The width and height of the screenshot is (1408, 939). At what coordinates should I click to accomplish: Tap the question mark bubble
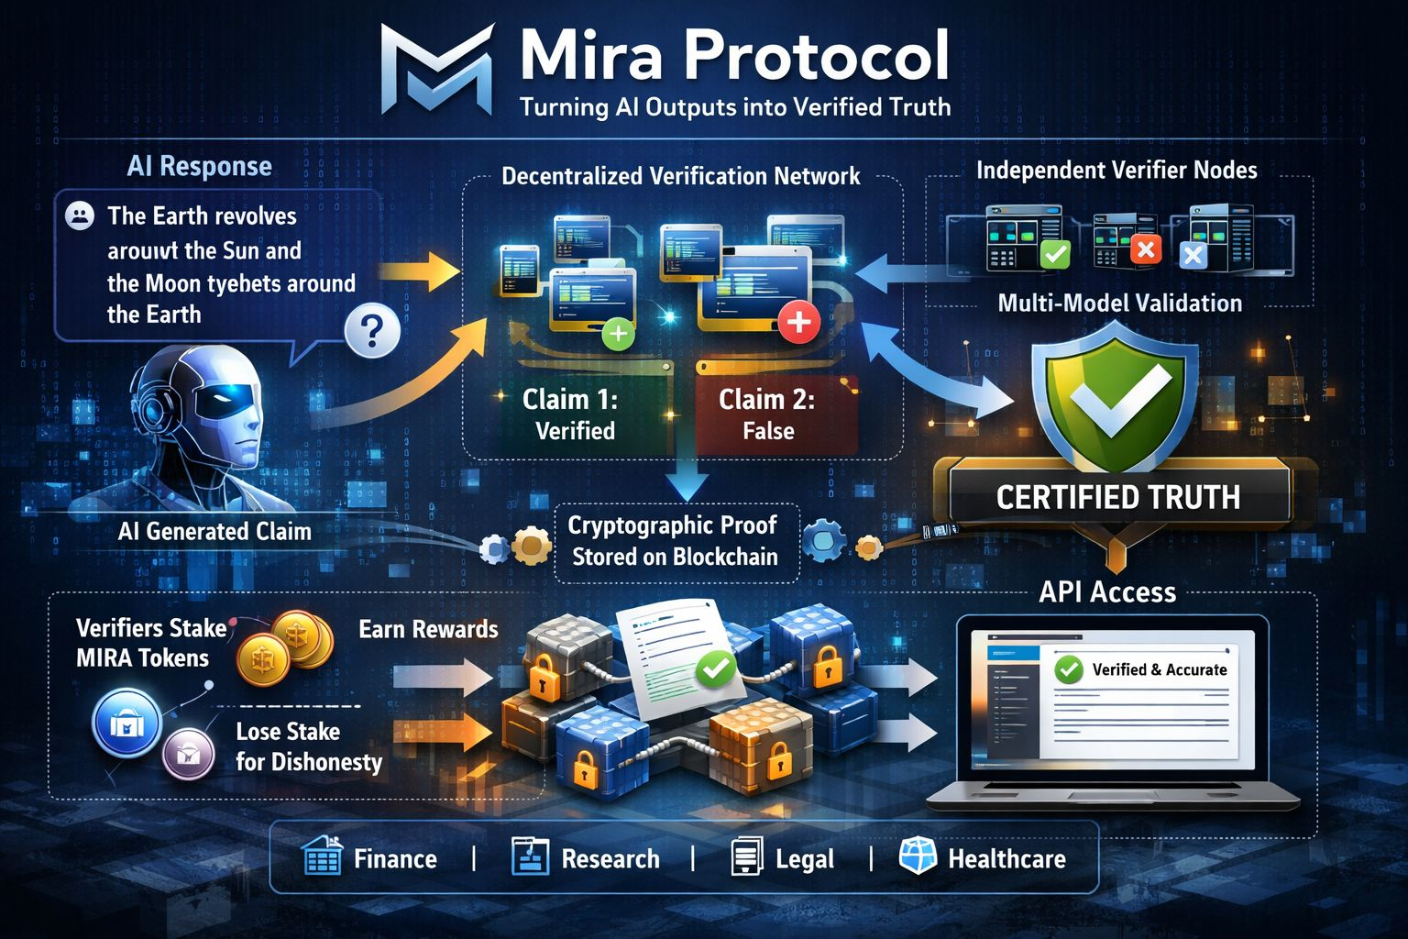372,330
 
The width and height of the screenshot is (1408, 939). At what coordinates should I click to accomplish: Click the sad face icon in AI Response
81,216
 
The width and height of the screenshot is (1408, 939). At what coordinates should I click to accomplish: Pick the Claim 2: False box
767,414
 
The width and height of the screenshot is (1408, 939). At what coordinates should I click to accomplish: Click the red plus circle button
798,322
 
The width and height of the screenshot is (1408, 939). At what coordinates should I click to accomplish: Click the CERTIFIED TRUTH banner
1117,497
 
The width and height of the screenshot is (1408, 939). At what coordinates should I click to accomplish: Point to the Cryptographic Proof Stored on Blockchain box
675,541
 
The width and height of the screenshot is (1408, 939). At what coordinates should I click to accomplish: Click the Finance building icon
322,857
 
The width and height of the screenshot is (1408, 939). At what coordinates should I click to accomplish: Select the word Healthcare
1006,859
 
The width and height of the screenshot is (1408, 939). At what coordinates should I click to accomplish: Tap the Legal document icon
747,858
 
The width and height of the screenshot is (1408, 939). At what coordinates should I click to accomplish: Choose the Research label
610,859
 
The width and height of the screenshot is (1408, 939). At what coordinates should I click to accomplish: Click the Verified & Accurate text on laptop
1159,669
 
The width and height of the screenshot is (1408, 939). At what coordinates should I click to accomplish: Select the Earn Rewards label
428,629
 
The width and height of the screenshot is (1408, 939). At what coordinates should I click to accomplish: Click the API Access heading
1107,592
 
